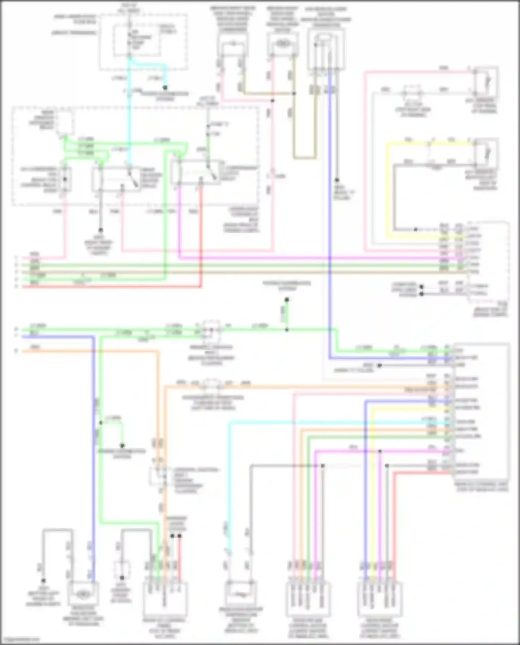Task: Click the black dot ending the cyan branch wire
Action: pos(165,88)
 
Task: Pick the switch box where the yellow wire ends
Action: pos(486,152)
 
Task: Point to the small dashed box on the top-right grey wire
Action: pos(412,93)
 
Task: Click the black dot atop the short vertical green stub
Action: pos(287,299)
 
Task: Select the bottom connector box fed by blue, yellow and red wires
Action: pos(380,599)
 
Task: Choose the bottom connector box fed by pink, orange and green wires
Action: pos(308,599)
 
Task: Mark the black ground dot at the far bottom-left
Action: pos(43,581)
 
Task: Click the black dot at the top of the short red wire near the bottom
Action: pos(180,536)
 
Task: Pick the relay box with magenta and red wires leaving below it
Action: pos(197,172)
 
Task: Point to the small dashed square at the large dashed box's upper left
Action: pos(65,123)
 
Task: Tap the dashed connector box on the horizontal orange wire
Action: pos(212,384)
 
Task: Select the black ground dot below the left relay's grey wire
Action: pos(101,230)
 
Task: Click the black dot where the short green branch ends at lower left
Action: pos(122,445)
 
